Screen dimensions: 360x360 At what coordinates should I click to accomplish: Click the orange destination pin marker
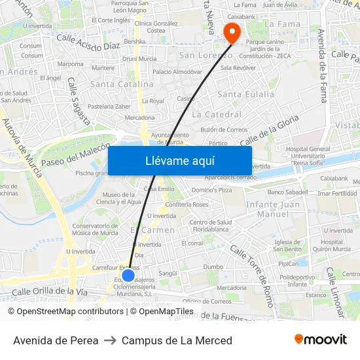(232, 32)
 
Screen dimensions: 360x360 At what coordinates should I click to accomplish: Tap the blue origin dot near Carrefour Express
(128, 275)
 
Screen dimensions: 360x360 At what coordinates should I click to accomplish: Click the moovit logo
(321, 340)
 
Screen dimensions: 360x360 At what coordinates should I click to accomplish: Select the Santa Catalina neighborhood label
(122, 84)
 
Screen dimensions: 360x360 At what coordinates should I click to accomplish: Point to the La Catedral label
(217, 115)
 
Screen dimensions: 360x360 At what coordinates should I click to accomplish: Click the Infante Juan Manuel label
(273, 209)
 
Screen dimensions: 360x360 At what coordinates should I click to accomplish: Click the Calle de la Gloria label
(269, 131)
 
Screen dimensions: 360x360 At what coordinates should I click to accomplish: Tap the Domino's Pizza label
(211, 190)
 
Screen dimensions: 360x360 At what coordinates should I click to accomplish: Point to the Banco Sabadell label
(288, 192)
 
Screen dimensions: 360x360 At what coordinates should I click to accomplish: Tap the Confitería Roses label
(187, 204)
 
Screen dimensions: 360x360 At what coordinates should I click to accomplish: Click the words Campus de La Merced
(177, 340)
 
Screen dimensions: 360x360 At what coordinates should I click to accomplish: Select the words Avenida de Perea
(56, 340)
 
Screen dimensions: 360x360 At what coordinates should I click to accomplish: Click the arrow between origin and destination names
(110, 340)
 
